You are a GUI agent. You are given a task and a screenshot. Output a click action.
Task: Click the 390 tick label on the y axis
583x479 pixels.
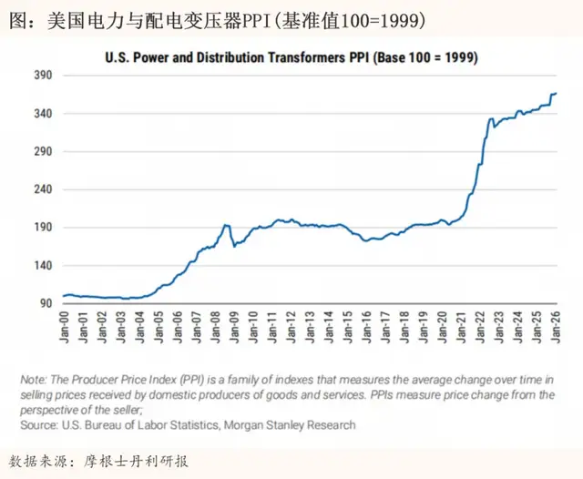coord(42,76)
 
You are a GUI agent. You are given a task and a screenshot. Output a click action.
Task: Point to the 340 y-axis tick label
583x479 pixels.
coord(42,114)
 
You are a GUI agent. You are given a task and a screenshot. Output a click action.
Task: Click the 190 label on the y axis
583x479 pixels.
coord(42,228)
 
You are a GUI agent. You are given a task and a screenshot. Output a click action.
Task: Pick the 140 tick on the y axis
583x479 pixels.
coord(42,265)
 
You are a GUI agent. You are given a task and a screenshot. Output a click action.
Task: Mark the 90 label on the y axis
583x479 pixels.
coord(45,303)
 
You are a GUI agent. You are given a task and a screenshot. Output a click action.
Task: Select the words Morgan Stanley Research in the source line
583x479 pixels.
coord(293,424)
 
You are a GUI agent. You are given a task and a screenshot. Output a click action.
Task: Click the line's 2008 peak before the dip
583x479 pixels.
coord(226,225)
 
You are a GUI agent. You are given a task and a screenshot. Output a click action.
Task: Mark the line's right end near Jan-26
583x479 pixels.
coord(556,93)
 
